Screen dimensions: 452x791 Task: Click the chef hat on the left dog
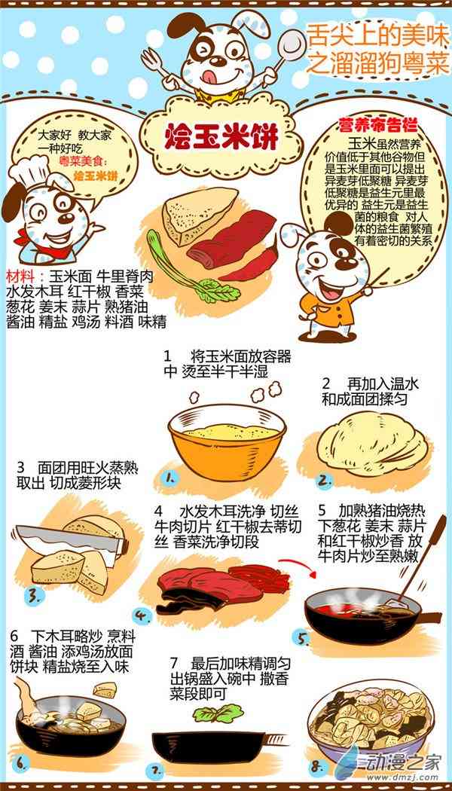(x=34, y=169)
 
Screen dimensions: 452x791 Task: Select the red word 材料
(x=21, y=277)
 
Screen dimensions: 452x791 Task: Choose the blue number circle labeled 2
(x=325, y=481)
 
